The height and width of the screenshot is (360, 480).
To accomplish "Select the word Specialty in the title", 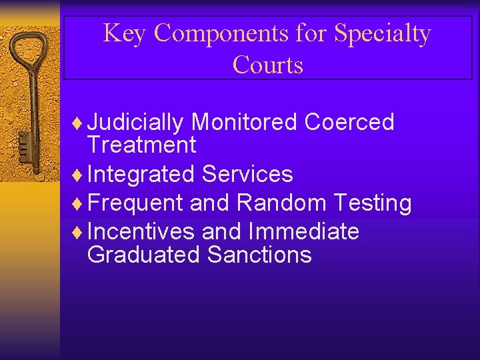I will tap(383, 33).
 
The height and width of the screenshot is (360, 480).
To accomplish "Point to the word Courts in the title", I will tap(268, 65).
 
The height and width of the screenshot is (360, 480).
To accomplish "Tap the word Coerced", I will tap(349, 123).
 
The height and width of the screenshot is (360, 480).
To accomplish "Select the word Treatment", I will tap(141, 145).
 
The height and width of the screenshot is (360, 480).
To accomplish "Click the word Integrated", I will tap(141, 175).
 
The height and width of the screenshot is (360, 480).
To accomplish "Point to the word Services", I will tap(247, 175).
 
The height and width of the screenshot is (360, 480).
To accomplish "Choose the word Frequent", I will tap(135, 203).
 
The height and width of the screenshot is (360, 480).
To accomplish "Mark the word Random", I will tap(280, 203).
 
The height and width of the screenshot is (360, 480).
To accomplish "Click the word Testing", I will tap(373, 203).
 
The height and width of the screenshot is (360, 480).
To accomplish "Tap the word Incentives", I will tap(141, 232).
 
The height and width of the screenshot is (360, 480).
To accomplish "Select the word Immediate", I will tap(303, 232).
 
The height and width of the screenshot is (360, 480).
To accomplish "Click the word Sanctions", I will tap(259, 255).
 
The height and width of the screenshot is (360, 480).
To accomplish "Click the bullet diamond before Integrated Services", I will tap(81, 175).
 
